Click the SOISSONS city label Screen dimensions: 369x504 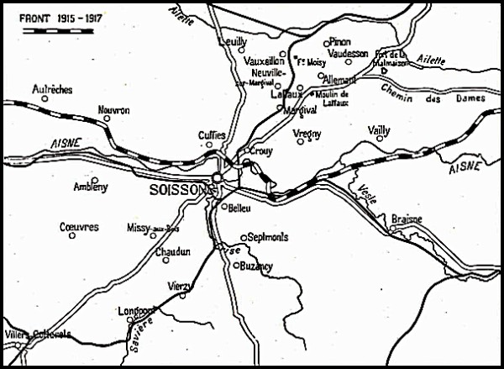click(181, 191)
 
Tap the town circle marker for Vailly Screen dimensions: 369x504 click(380, 137)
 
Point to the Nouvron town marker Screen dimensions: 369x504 click(108, 119)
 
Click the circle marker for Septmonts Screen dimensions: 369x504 click(244, 237)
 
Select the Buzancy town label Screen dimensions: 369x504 click(256, 266)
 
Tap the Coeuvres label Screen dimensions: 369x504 click(79, 227)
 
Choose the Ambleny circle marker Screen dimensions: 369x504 click(94, 179)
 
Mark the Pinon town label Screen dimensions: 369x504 click(340, 41)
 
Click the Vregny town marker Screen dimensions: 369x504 click(301, 141)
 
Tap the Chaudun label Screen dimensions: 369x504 click(171, 251)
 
